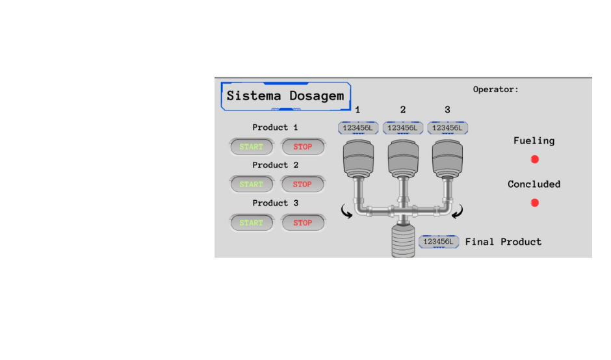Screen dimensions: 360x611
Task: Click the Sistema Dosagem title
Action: [x=285, y=96]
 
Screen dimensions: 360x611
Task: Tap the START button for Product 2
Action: [x=251, y=185]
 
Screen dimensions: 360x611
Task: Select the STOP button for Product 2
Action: [x=302, y=185]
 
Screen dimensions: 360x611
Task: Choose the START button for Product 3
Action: [x=251, y=223]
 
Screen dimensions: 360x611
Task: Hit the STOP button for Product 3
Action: [x=302, y=223]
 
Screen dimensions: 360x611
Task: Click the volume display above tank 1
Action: [x=358, y=128]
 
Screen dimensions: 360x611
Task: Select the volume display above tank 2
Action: [x=403, y=128]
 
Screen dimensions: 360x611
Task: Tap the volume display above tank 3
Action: [x=448, y=128]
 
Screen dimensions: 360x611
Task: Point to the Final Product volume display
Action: [x=439, y=242]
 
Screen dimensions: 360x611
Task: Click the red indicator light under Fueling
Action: [x=535, y=159]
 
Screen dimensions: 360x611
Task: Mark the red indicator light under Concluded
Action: [x=535, y=203]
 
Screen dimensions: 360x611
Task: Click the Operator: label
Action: [x=495, y=90]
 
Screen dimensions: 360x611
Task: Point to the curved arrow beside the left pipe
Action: [x=348, y=212]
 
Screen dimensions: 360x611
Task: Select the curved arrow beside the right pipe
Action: [x=459, y=212]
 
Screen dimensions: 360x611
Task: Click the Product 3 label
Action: [x=275, y=203]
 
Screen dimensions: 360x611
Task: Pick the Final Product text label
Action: [x=503, y=242]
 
